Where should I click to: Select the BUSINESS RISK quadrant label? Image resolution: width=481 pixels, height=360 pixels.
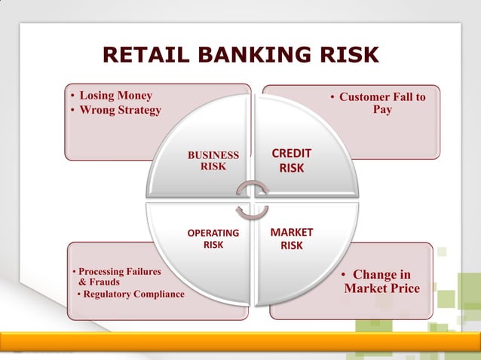coord(213,160)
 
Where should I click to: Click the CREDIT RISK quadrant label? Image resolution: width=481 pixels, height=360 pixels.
coord(291,160)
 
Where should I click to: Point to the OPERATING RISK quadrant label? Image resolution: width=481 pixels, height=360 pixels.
coord(213,239)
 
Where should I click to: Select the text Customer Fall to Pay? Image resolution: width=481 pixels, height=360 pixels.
coord(381,103)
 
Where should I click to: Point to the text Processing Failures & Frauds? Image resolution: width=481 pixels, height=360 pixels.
coord(115,276)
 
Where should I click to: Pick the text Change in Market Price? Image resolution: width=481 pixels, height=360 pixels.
coord(382,282)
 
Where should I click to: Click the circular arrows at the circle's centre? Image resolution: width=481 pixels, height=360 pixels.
coord(252,199)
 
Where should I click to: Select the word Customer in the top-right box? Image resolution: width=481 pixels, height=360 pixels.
coord(364,97)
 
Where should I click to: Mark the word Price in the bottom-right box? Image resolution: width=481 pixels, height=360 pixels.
coord(403,288)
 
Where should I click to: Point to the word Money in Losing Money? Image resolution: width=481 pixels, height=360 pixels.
coord(133,96)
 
